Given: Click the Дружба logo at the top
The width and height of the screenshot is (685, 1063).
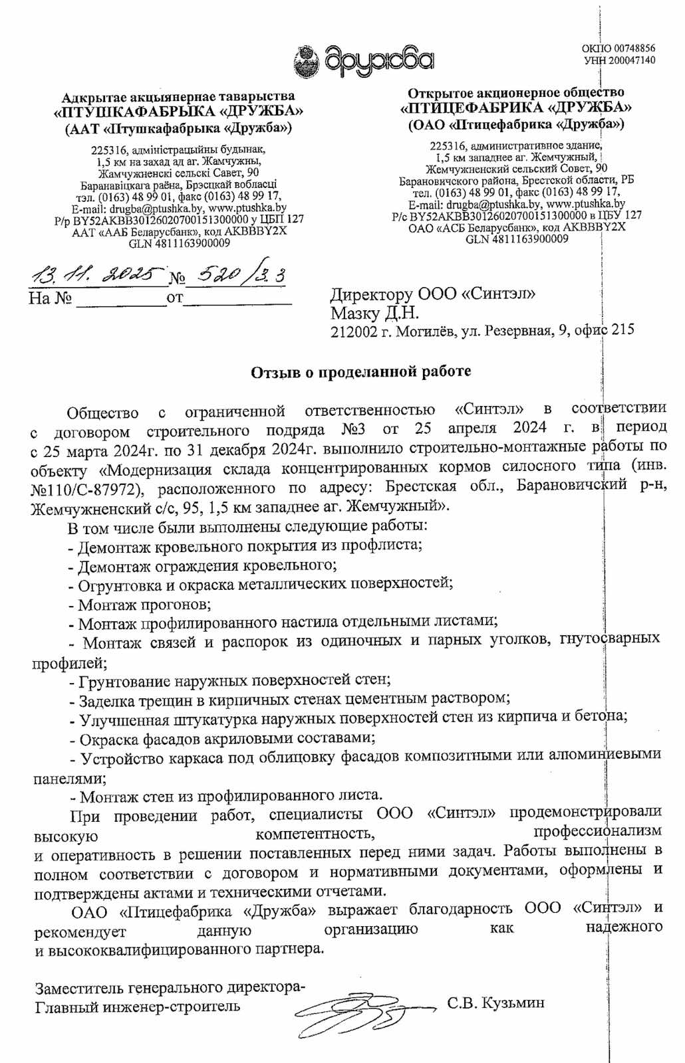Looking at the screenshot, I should (363, 59).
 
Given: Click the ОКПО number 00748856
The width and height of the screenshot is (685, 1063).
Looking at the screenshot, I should (634, 48).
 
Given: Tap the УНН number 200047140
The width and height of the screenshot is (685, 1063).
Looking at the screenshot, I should (634, 60).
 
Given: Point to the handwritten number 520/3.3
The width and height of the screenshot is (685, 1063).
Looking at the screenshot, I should (240, 274).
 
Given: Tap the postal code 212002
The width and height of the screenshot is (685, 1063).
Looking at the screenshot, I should (352, 330).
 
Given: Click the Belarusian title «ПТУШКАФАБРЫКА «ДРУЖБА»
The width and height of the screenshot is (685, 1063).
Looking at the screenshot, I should (178, 111).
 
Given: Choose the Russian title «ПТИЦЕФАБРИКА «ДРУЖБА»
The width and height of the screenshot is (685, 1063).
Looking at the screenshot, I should (515, 108).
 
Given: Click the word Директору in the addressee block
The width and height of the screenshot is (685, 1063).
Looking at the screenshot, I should (371, 294).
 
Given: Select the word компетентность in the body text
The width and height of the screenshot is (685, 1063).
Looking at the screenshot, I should (315, 833).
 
